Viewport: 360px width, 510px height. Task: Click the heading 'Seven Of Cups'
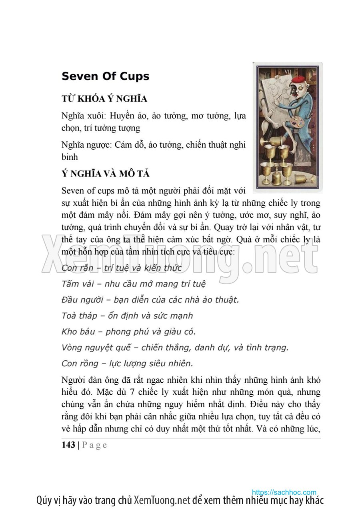pos(105,76)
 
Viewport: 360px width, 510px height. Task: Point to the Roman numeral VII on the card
pos(287,71)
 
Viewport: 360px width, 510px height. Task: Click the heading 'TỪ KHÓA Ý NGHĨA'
pos(104,99)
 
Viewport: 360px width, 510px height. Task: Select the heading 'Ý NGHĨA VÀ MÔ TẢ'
pos(106,174)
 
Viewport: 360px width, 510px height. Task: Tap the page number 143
pos(68,445)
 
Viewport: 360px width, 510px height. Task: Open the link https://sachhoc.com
pos(284,492)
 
